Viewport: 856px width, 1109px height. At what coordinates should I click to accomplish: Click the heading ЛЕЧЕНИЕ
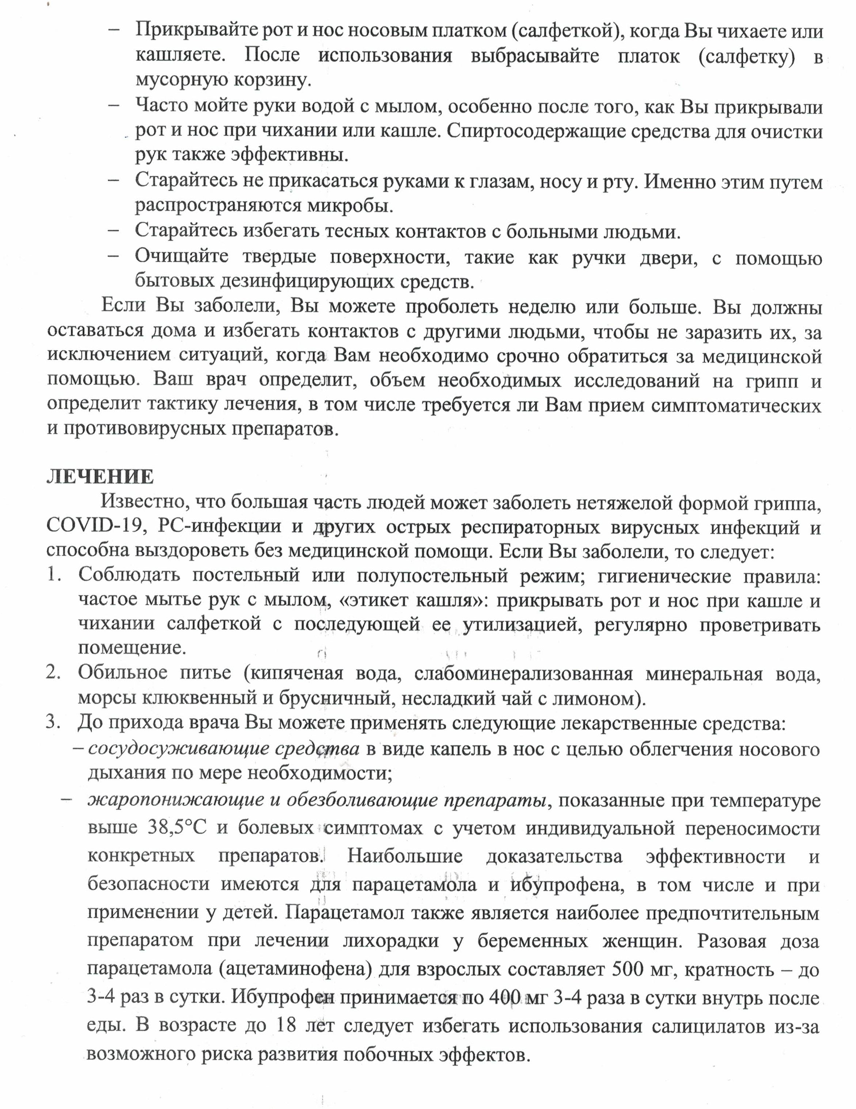100,477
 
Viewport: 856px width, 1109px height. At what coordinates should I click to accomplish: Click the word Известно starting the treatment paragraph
143,502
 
